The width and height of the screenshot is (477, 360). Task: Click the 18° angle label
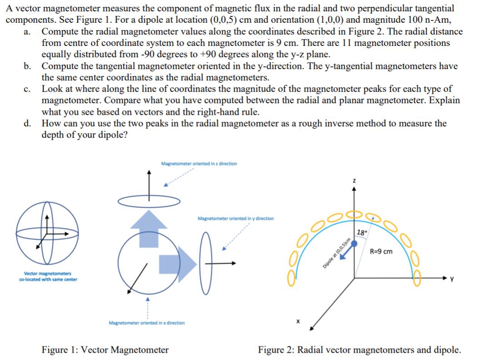point(362,233)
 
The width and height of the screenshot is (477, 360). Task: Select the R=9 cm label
point(381,251)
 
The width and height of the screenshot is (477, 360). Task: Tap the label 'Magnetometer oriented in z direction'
point(199,164)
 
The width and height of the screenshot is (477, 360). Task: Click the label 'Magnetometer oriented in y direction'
point(236,219)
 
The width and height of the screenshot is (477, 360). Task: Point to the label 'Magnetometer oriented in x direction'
point(147,323)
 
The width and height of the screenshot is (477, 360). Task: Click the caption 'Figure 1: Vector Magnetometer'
point(105,350)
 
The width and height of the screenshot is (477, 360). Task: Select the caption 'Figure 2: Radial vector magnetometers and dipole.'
point(359,350)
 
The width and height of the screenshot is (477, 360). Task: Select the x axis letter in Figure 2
point(298,321)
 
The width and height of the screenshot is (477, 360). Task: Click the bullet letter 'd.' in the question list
point(28,123)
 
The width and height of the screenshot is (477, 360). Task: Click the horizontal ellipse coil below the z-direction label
point(150,200)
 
